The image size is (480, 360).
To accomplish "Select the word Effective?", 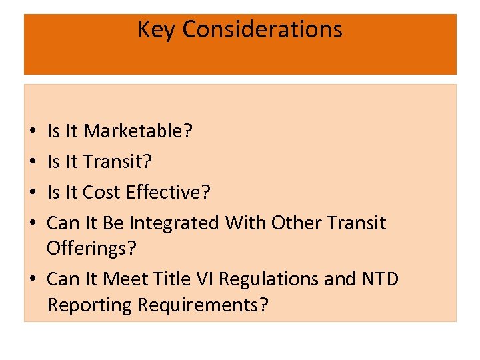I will (168, 193).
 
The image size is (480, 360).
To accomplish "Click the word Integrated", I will (173, 223).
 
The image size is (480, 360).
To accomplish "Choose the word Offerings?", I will (91, 248).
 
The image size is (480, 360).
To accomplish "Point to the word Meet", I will (127, 279).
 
